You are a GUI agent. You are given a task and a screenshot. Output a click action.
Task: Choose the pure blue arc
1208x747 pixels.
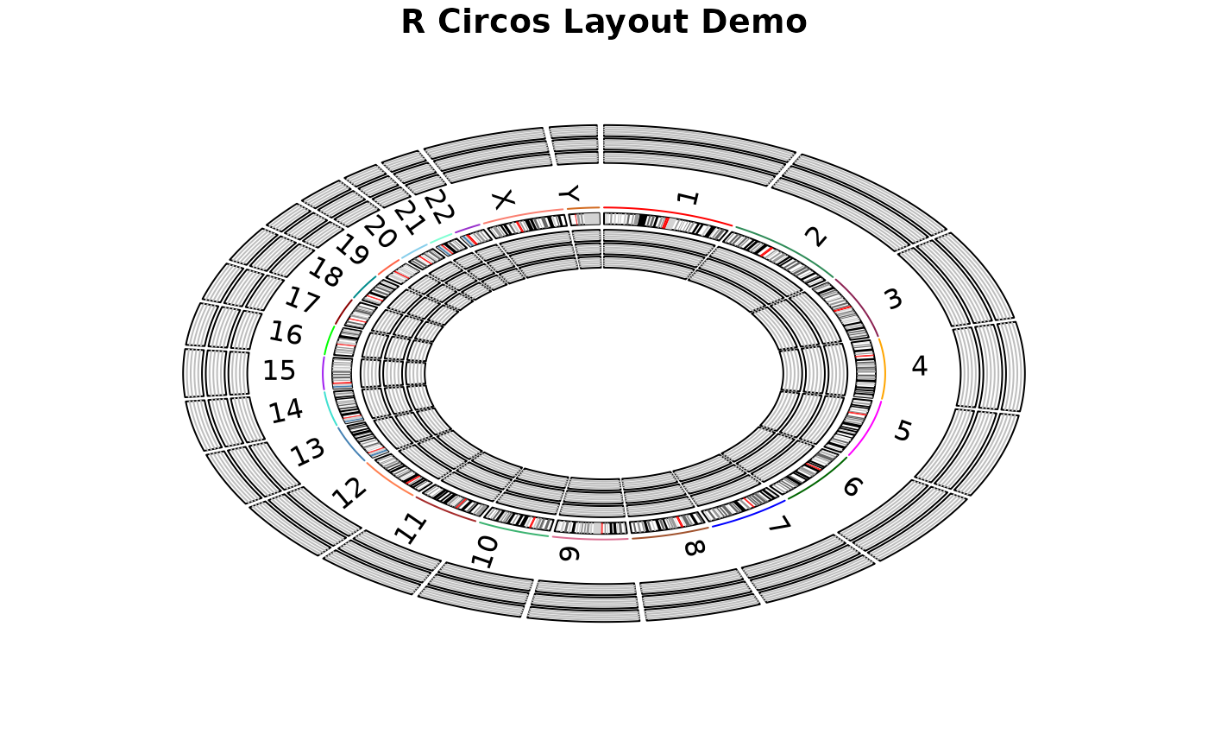pos(751,515)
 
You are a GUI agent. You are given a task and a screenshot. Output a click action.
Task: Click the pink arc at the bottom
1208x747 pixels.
pos(590,539)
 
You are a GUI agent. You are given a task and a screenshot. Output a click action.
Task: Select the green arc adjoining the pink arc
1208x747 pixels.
pos(513,530)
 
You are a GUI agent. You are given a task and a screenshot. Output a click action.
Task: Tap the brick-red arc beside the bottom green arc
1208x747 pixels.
pos(444,510)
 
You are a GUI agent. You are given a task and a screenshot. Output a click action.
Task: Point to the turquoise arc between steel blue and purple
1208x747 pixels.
pos(329,409)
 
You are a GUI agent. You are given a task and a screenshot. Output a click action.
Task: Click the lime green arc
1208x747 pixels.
pos(329,339)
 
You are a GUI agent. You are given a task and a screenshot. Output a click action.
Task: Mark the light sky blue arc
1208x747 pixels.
pos(414,251)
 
